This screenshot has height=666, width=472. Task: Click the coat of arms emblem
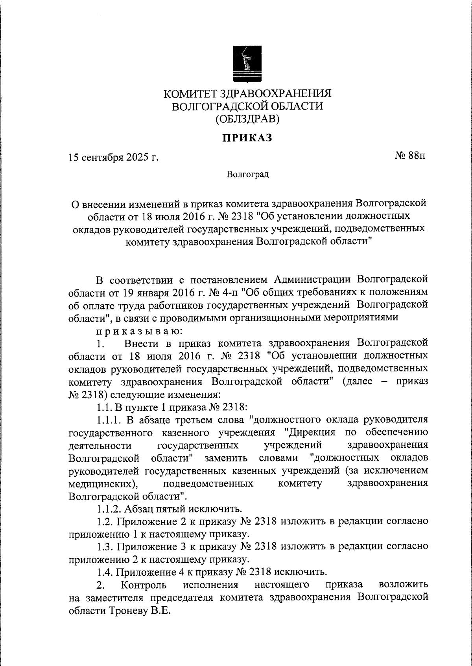click(247, 64)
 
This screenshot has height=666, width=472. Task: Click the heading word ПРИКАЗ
click(248, 138)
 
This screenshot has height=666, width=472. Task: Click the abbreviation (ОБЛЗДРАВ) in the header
click(247, 119)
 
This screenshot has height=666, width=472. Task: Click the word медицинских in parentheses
click(102, 483)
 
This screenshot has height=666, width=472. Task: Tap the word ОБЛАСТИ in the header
click(294, 106)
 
